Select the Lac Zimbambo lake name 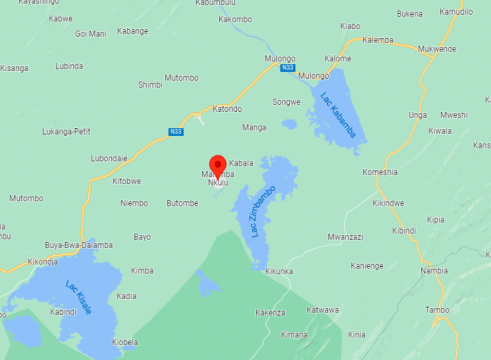tap(263, 211)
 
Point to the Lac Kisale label tap(79, 297)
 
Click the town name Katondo tap(227, 109)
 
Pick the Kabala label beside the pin tap(241, 163)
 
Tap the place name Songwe tap(286, 102)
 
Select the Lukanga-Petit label tap(66, 131)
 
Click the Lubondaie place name tap(109, 159)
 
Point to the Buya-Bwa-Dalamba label tap(79, 245)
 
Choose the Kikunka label tap(279, 271)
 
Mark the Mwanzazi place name tap(345, 237)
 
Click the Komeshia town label tap(380, 172)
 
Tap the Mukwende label tap(437, 49)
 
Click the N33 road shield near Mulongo tap(287, 68)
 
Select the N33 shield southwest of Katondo tap(176, 132)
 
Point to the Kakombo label tap(235, 19)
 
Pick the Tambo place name tap(437, 309)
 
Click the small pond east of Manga tap(289, 124)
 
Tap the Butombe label tap(183, 203)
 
